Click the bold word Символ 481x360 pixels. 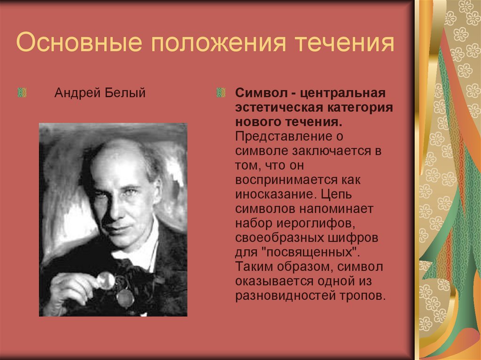(256, 93)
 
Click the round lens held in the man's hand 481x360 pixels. (107, 280)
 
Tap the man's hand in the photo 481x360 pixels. (75, 286)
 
